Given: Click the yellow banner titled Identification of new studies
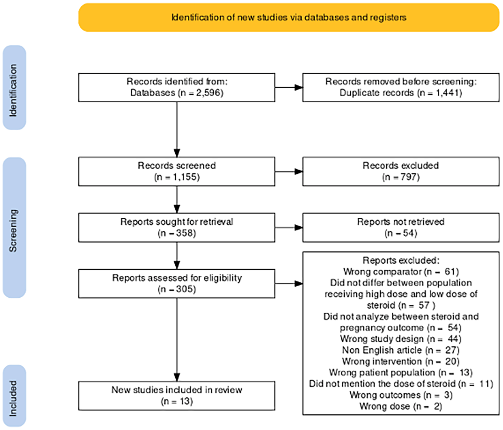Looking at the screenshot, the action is (289, 17).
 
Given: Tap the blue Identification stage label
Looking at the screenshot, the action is (14, 88).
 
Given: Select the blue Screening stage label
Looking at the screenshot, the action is (14, 228).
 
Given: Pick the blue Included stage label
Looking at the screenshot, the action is (14, 396).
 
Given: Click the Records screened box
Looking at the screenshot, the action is (177, 171).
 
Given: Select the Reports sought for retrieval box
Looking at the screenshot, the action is (177, 228).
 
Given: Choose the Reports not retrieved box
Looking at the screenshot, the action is (401, 228).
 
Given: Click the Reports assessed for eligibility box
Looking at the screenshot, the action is (177, 283).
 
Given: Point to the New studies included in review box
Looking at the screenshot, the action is (177, 396).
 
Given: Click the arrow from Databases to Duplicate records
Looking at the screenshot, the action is (289, 87).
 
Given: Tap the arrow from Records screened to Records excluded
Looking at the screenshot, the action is (289, 171).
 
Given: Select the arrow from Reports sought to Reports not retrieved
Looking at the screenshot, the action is (289, 228).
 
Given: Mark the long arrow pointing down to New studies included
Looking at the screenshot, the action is (177, 340).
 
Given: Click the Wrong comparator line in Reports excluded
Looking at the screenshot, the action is (401, 272).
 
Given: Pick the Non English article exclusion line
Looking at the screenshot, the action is (401, 350).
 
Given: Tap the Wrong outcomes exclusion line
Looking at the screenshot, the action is (401, 395).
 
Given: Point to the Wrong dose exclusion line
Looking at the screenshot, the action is (401, 406).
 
